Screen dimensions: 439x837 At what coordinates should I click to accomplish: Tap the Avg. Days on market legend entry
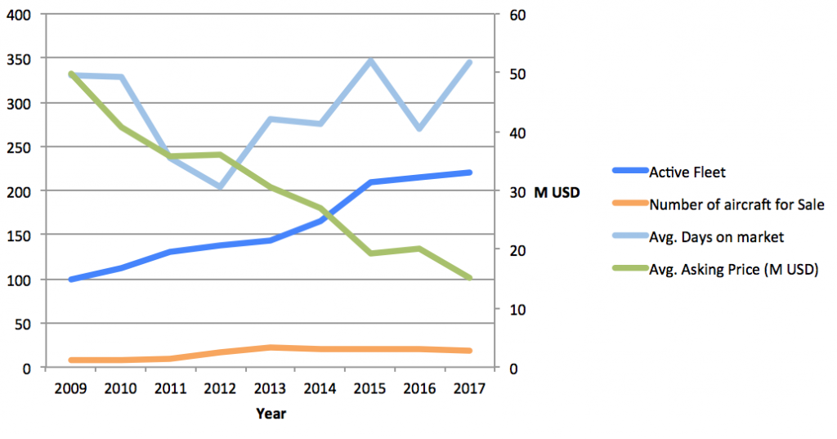[716, 237]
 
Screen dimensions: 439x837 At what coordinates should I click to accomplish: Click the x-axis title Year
[271, 414]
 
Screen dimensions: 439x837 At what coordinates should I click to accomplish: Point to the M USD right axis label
[557, 193]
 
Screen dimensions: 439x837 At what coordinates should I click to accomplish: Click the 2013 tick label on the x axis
[271, 388]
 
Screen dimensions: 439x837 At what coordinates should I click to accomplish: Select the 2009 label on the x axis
[72, 388]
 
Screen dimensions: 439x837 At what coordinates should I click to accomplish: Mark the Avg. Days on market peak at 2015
[370, 60]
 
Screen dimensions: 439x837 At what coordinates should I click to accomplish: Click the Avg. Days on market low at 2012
[221, 186]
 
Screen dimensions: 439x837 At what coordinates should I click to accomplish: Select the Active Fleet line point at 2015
[370, 182]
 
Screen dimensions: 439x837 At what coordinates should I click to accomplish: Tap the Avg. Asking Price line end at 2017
[469, 279]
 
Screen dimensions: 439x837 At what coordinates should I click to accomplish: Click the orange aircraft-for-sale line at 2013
[271, 347]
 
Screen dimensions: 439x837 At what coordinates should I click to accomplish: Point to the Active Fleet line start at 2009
[72, 280]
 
